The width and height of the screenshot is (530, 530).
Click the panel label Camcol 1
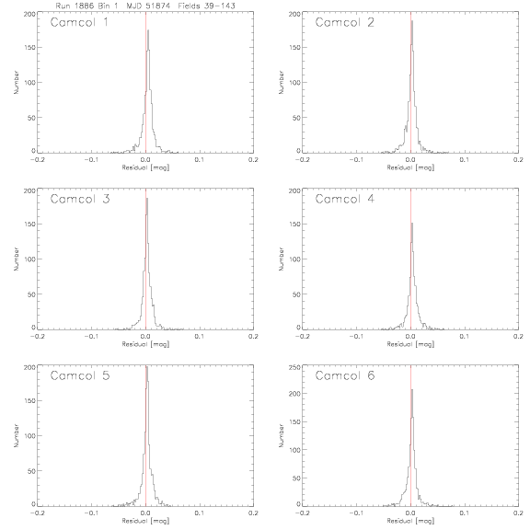[x=79, y=22]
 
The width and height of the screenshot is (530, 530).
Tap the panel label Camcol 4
[x=345, y=199]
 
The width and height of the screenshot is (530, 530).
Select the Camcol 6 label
[x=345, y=375]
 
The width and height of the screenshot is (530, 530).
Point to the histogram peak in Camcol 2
[x=412, y=21]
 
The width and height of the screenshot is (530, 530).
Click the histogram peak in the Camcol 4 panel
[x=412, y=223]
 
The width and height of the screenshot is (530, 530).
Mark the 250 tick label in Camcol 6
[x=295, y=367]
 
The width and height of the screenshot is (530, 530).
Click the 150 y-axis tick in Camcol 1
[x=30, y=47]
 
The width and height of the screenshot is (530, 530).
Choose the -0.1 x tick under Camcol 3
[x=91, y=337]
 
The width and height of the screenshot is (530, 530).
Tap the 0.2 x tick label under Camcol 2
[x=519, y=159]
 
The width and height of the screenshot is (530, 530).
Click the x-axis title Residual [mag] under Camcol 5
[x=145, y=521]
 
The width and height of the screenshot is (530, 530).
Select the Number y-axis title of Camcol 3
[x=16, y=259]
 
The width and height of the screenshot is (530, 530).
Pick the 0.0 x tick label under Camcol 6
[x=410, y=513]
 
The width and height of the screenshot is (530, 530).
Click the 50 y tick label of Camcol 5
[x=31, y=471]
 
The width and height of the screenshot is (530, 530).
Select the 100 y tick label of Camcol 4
[x=295, y=259]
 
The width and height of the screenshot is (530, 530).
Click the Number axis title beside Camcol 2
[x=281, y=82]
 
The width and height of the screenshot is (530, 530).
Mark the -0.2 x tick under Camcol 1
[x=37, y=159]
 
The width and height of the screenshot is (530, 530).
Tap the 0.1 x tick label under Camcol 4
[x=465, y=337]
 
